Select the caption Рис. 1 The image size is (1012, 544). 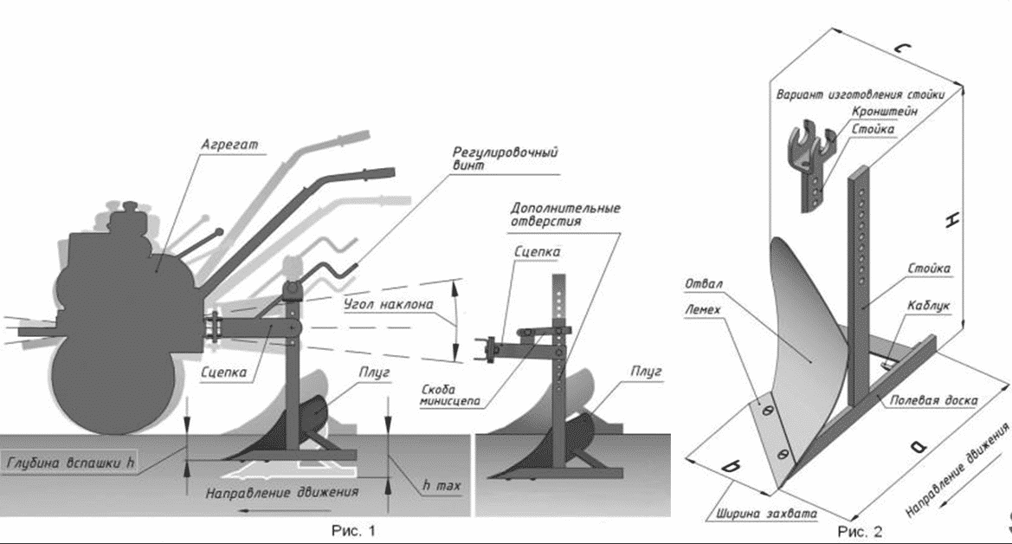tap(354, 528)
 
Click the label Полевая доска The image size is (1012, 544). tap(933, 400)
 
